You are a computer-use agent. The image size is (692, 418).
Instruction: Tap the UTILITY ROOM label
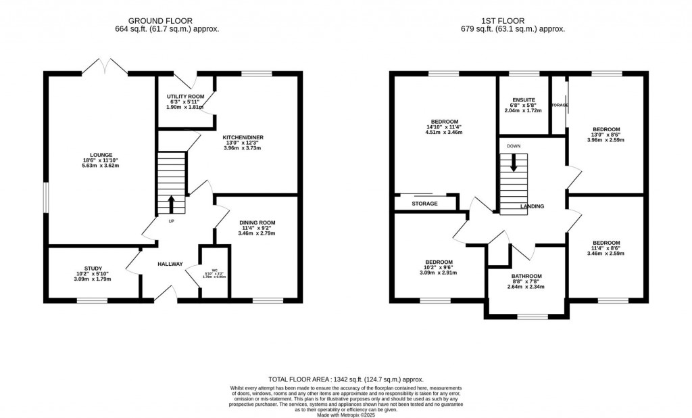tap(184, 97)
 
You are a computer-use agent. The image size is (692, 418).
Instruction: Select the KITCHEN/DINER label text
tap(243, 137)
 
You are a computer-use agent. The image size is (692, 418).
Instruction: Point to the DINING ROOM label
tap(257, 223)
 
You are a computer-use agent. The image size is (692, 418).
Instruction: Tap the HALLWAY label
tap(170, 264)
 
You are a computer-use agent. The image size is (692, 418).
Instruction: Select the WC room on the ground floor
tap(215, 274)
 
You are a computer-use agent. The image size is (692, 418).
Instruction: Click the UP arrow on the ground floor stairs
tap(171, 202)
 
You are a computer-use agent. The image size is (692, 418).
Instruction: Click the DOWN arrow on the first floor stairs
tap(514, 163)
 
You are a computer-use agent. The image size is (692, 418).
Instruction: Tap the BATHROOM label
tap(526, 276)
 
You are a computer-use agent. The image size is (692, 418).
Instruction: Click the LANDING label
tap(532, 207)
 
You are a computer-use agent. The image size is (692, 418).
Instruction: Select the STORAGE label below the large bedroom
tap(424, 204)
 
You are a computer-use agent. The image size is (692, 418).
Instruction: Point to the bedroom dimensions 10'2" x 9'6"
tap(439, 268)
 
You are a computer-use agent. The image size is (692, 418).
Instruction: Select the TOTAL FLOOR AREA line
tap(346, 380)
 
